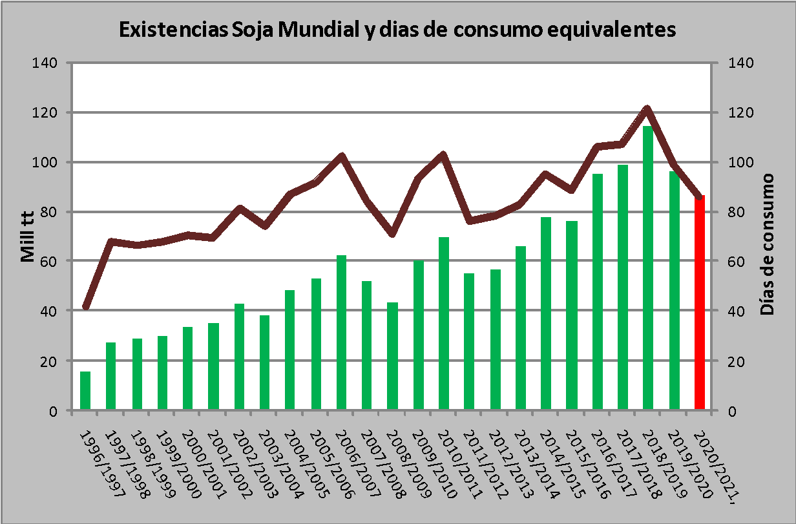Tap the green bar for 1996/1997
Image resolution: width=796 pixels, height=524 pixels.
point(85,390)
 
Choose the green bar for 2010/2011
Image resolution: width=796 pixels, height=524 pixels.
point(444,323)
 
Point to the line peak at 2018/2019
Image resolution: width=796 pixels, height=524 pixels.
point(647,109)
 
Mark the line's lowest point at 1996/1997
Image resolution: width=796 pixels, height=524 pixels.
point(85,308)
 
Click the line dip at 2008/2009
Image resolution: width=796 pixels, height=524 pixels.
point(392,233)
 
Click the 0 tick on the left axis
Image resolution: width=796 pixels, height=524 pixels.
point(54,411)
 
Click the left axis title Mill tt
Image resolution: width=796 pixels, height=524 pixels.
point(27,236)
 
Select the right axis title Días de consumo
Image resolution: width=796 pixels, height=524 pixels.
point(767,244)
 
